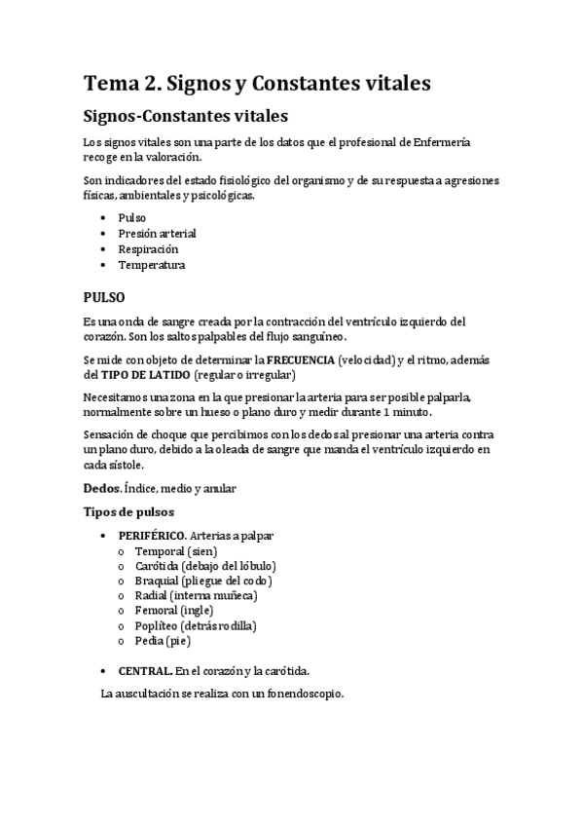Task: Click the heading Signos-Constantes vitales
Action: click(x=185, y=117)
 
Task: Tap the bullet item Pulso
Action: click(x=132, y=217)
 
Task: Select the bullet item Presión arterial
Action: click(x=157, y=233)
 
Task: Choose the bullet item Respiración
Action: click(x=148, y=248)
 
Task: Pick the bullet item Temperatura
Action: click(x=152, y=264)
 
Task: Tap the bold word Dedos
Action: click(x=102, y=487)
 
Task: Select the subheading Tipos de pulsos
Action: click(x=128, y=511)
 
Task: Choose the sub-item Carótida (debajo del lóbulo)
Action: click(x=205, y=566)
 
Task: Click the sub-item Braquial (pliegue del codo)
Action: click(x=203, y=581)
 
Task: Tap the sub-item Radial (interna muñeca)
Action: click(x=197, y=595)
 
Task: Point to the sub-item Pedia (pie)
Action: click(x=163, y=640)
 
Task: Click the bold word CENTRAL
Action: click(x=146, y=670)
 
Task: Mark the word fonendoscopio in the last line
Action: click(x=300, y=695)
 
